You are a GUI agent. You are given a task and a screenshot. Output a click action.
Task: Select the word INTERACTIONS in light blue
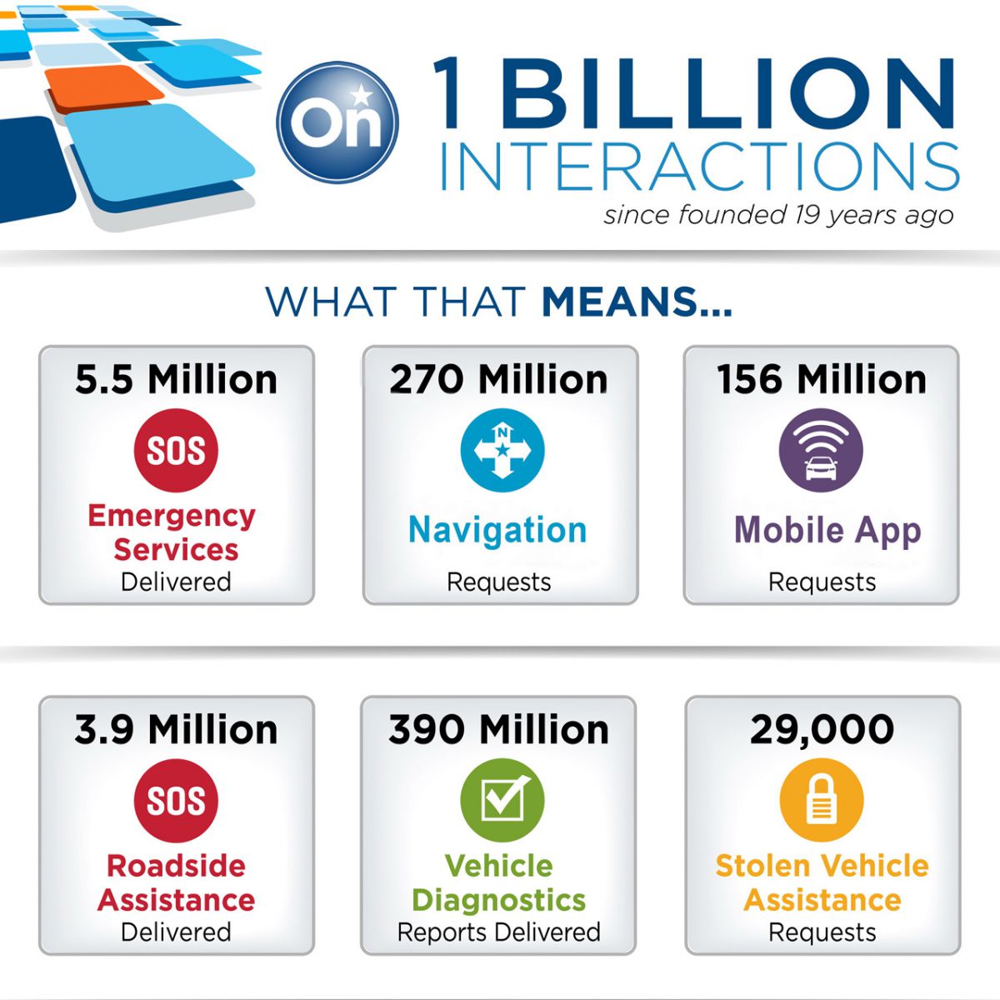[699, 167]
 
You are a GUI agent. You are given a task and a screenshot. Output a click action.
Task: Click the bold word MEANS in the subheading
[637, 302]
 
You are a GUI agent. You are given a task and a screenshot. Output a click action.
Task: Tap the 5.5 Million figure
[177, 380]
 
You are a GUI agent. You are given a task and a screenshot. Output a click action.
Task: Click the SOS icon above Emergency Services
[176, 450]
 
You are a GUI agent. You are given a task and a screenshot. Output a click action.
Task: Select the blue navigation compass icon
[502, 450]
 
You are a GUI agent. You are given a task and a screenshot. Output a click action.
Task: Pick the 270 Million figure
[498, 380]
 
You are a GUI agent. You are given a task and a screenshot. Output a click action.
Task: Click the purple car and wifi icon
[821, 450]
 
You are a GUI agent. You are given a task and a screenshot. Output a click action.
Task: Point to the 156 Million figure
[822, 380]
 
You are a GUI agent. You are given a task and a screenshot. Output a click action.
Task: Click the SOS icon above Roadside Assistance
[176, 801]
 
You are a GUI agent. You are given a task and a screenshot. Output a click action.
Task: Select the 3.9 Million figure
[177, 730]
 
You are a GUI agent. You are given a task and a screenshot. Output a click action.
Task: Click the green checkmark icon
[502, 800]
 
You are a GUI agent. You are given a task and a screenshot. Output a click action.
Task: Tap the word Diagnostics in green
[498, 900]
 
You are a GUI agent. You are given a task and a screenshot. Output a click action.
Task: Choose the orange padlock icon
[822, 800]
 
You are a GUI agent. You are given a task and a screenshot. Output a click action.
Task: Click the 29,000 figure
[822, 731]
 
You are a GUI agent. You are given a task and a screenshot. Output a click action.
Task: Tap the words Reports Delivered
[498, 932]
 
